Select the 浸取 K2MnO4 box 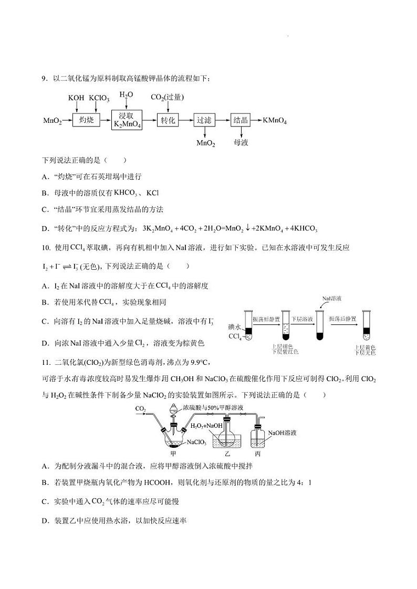pyautogui.click(x=127, y=120)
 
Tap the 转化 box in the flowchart pyautogui.click(x=168, y=120)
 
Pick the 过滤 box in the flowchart pyautogui.click(x=204, y=120)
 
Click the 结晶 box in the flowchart pyautogui.click(x=241, y=120)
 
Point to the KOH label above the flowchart pyautogui.click(x=76, y=98)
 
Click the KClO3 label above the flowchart pyautogui.click(x=99, y=98)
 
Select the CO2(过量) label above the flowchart pyautogui.click(x=167, y=97)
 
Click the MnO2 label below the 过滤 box pyautogui.click(x=206, y=143)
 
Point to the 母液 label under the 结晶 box pyautogui.click(x=241, y=142)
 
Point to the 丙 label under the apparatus pyautogui.click(x=257, y=453)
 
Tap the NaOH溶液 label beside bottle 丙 pyautogui.click(x=282, y=433)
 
